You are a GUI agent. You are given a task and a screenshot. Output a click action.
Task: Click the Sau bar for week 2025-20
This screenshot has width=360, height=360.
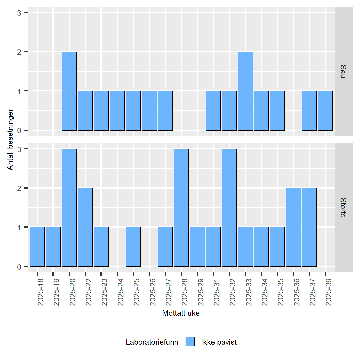coord(69,91)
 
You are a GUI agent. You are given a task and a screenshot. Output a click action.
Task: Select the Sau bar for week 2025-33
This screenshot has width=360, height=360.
coord(245,91)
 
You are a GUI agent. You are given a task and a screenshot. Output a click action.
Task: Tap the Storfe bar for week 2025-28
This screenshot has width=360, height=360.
coord(181,208)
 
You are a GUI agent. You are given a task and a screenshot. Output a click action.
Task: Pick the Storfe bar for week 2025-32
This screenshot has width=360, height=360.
coord(229,208)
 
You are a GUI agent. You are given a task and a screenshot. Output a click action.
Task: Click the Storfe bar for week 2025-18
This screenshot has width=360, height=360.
coord(37,247)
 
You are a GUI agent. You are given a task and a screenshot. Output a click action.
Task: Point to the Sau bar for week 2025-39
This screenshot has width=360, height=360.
coord(325,111)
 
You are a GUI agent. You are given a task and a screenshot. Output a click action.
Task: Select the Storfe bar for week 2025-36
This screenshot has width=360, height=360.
coord(293,227)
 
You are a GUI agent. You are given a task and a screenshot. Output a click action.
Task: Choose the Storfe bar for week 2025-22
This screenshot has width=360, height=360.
coord(85,227)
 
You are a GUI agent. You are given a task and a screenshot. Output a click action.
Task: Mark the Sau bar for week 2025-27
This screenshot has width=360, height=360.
coord(165,111)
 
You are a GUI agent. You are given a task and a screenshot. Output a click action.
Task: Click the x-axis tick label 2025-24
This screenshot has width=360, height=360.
coord(121,292)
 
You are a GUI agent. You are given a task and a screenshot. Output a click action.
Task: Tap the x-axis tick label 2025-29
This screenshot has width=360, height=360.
coord(201,292)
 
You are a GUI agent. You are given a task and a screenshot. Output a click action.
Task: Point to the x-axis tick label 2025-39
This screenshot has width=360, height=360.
coord(329,292)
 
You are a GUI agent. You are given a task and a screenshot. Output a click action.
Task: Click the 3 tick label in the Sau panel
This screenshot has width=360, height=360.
coord(19,13)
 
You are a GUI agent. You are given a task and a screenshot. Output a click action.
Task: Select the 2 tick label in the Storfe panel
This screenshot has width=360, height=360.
coord(19,188)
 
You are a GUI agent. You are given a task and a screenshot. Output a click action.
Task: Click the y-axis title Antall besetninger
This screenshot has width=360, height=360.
coord(10,139)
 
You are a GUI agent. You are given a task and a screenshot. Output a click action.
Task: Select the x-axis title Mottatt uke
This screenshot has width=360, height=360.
coord(181,313)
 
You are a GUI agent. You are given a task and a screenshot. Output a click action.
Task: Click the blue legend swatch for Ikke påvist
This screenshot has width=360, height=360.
coord(190,342)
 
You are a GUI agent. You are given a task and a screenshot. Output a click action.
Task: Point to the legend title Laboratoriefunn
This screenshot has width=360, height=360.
coord(152,342)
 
